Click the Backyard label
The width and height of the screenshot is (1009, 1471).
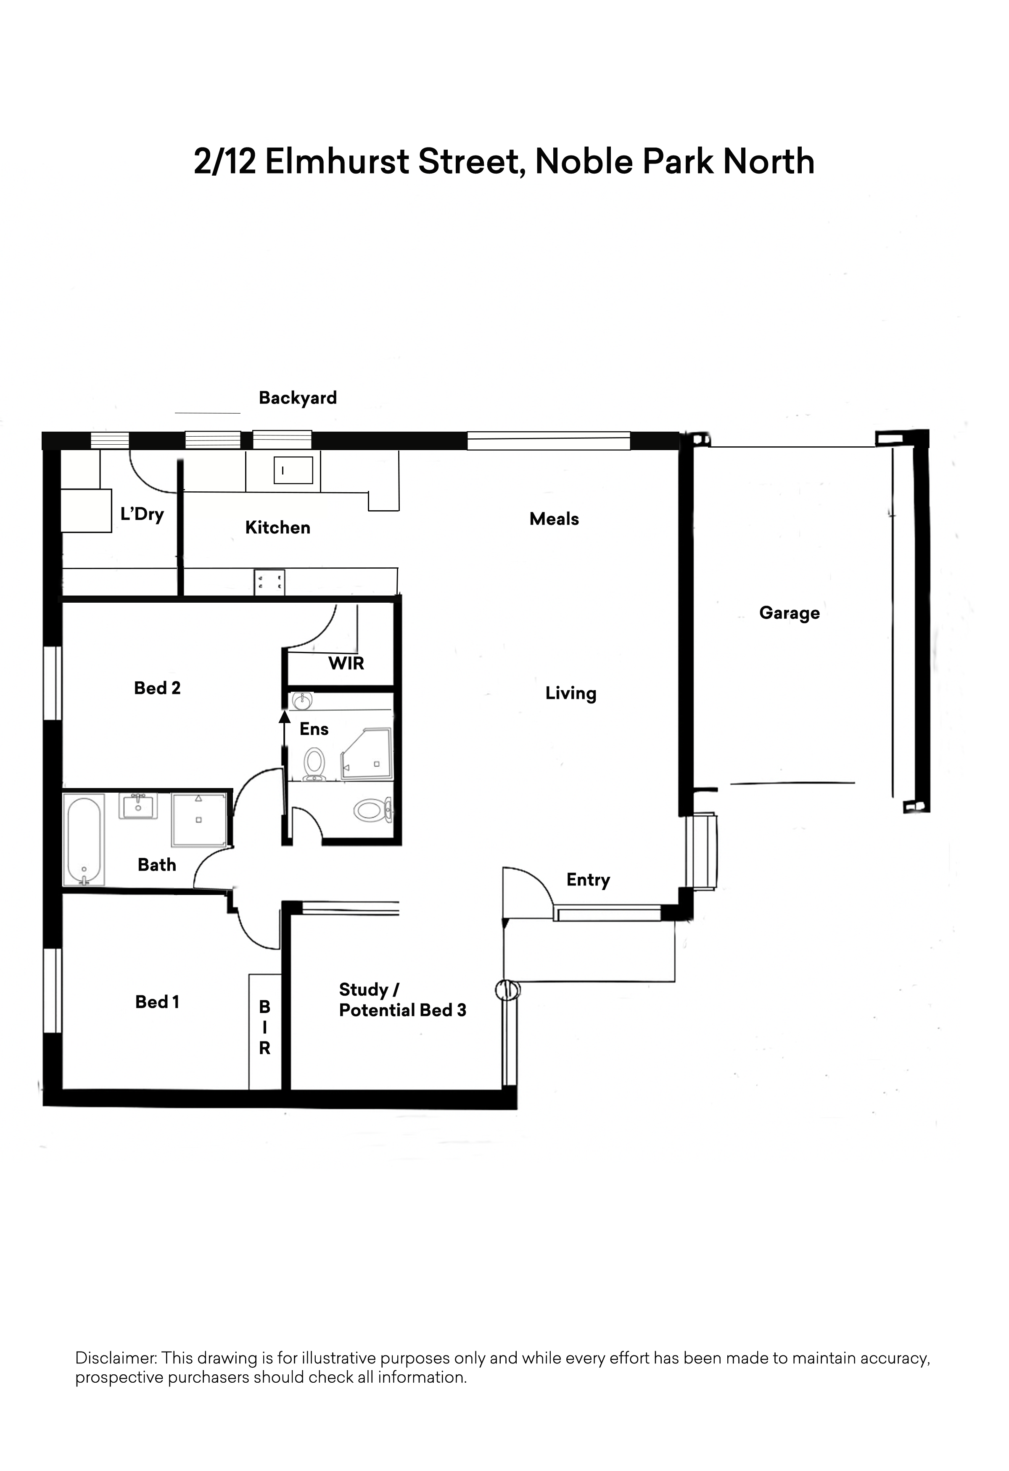[x=298, y=398]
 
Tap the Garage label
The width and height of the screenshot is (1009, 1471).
[x=790, y=613]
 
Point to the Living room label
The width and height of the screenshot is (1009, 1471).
[x=571, y=694]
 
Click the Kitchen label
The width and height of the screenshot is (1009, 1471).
[x=278, y=528]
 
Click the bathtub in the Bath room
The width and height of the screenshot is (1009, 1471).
[x=84, y=840]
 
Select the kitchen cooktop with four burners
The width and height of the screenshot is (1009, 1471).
[x=269, y=583]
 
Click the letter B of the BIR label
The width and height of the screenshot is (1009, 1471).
[x=264, y=1007]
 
